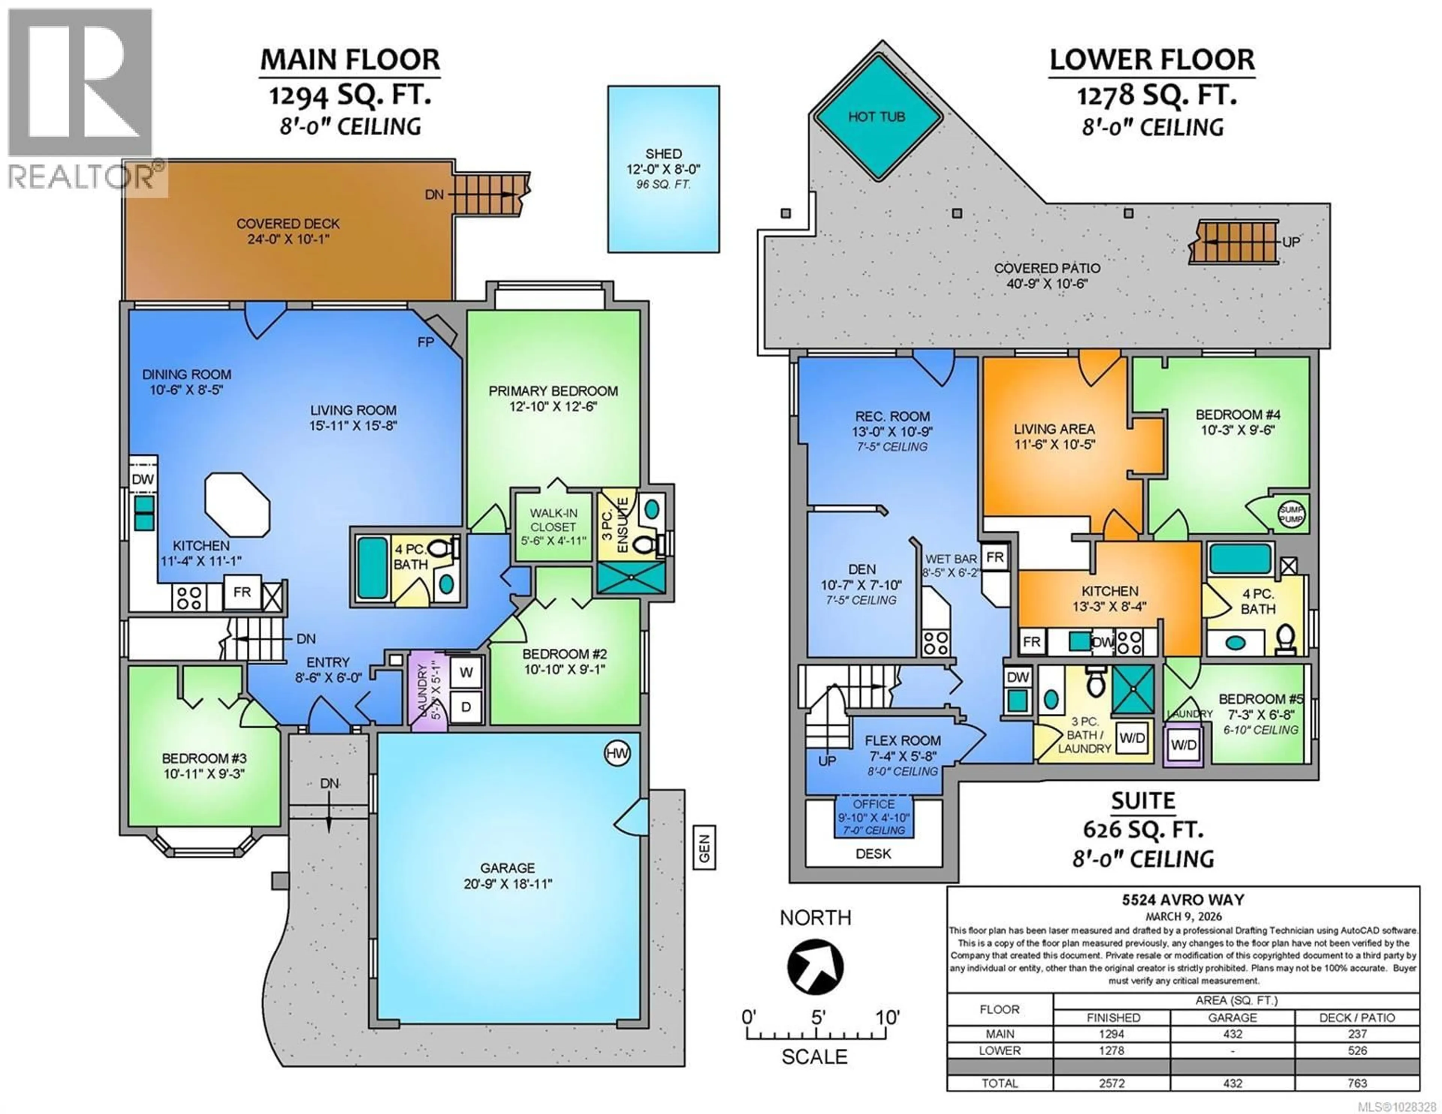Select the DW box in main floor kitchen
click(143, 479)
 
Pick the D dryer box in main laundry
click(466, 707)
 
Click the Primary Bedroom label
click(553, 391)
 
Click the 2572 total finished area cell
click(1112, 1084)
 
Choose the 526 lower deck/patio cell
click(1358, 1051)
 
